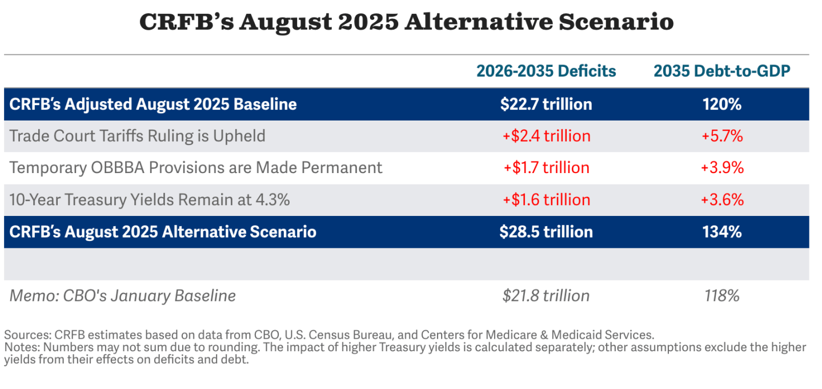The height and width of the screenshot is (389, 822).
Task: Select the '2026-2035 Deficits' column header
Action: click(546, 71)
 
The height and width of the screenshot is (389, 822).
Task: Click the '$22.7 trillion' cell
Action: click(546, 104)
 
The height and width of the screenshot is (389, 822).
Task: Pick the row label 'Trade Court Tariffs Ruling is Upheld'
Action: click(138, 136)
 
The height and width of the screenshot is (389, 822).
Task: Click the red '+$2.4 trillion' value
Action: click(546, 136)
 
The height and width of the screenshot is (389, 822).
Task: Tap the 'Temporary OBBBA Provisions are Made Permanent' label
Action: click(196, 168)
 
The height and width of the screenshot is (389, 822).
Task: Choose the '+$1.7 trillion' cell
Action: click(546, 168)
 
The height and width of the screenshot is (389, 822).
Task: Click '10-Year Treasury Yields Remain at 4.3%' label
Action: click(150, 200)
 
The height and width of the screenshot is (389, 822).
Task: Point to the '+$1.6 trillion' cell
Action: click(546, 200)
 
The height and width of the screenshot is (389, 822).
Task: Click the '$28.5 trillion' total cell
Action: click(546, 232)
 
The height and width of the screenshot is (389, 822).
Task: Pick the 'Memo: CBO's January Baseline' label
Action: click(123, 296)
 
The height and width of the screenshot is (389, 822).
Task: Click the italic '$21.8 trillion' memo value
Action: click(546, 296)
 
